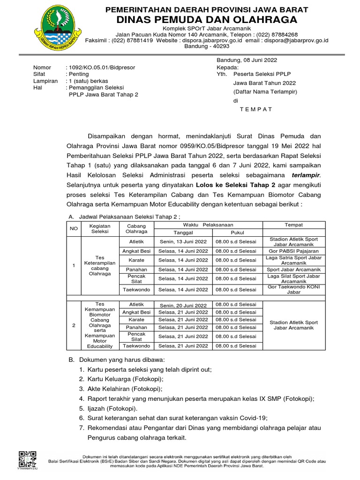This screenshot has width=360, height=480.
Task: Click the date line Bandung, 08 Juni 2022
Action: point(247,60)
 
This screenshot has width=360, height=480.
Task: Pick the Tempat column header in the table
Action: point(294,225)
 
